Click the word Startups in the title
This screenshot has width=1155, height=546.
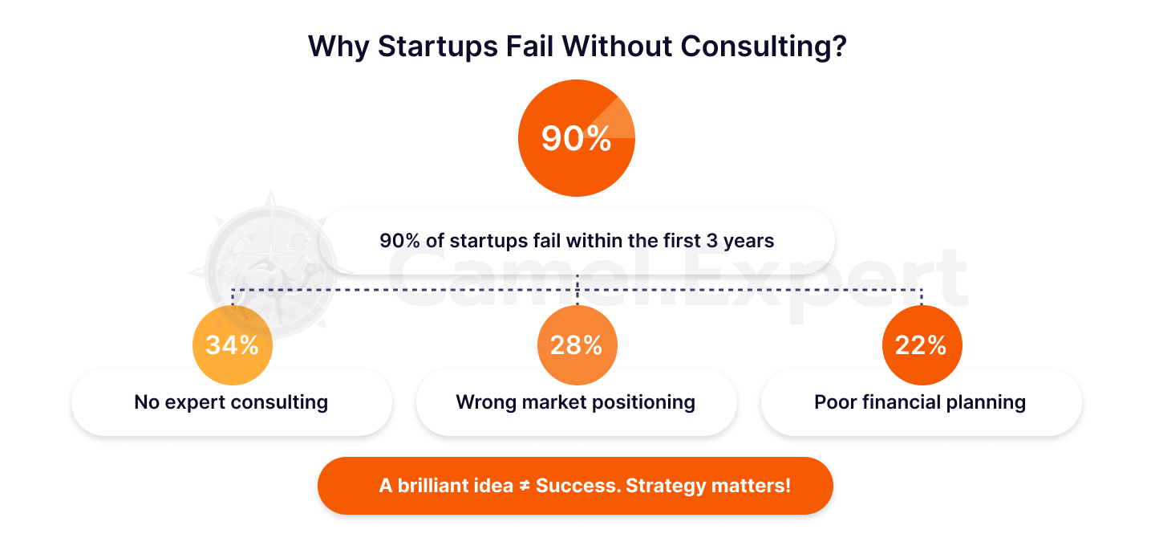tap(438, 47)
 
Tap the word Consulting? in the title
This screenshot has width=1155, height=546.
tap(764, 47)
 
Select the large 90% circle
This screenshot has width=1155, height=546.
tap(577, 138)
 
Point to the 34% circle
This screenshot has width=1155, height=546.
tap(233, 344)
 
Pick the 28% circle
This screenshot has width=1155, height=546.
tap(577, 344)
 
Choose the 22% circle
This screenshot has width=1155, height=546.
tap(922, 344)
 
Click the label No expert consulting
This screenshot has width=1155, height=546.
tap(231, 402)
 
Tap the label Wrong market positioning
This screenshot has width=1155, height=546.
tap(575, 402)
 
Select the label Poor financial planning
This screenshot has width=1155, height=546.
tap(920, 402)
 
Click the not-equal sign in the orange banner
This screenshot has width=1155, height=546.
tap(525, 486)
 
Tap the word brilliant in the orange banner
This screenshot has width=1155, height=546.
tap(456, 486)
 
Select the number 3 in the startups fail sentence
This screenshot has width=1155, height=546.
tap(712, 241)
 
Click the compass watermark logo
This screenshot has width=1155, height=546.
tap(271, 268)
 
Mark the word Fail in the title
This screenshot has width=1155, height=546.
tap(530, 47)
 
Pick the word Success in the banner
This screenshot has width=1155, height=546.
tap(578, 486)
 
